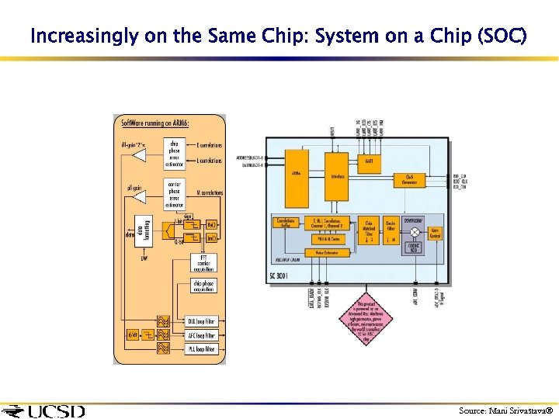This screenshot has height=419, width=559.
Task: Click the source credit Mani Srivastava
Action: [x=505, y=410]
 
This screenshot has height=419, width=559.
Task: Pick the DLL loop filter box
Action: [x=201, y=321]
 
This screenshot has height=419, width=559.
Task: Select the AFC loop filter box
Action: [x=201, y=335]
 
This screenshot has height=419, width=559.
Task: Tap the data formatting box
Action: [x=142, y=230]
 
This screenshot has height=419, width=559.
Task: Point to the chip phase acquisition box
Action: [x=203, y=286]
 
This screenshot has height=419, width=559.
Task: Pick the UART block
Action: [x=369, y=161]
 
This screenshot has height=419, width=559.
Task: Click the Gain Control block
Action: [x=435, y=232]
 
